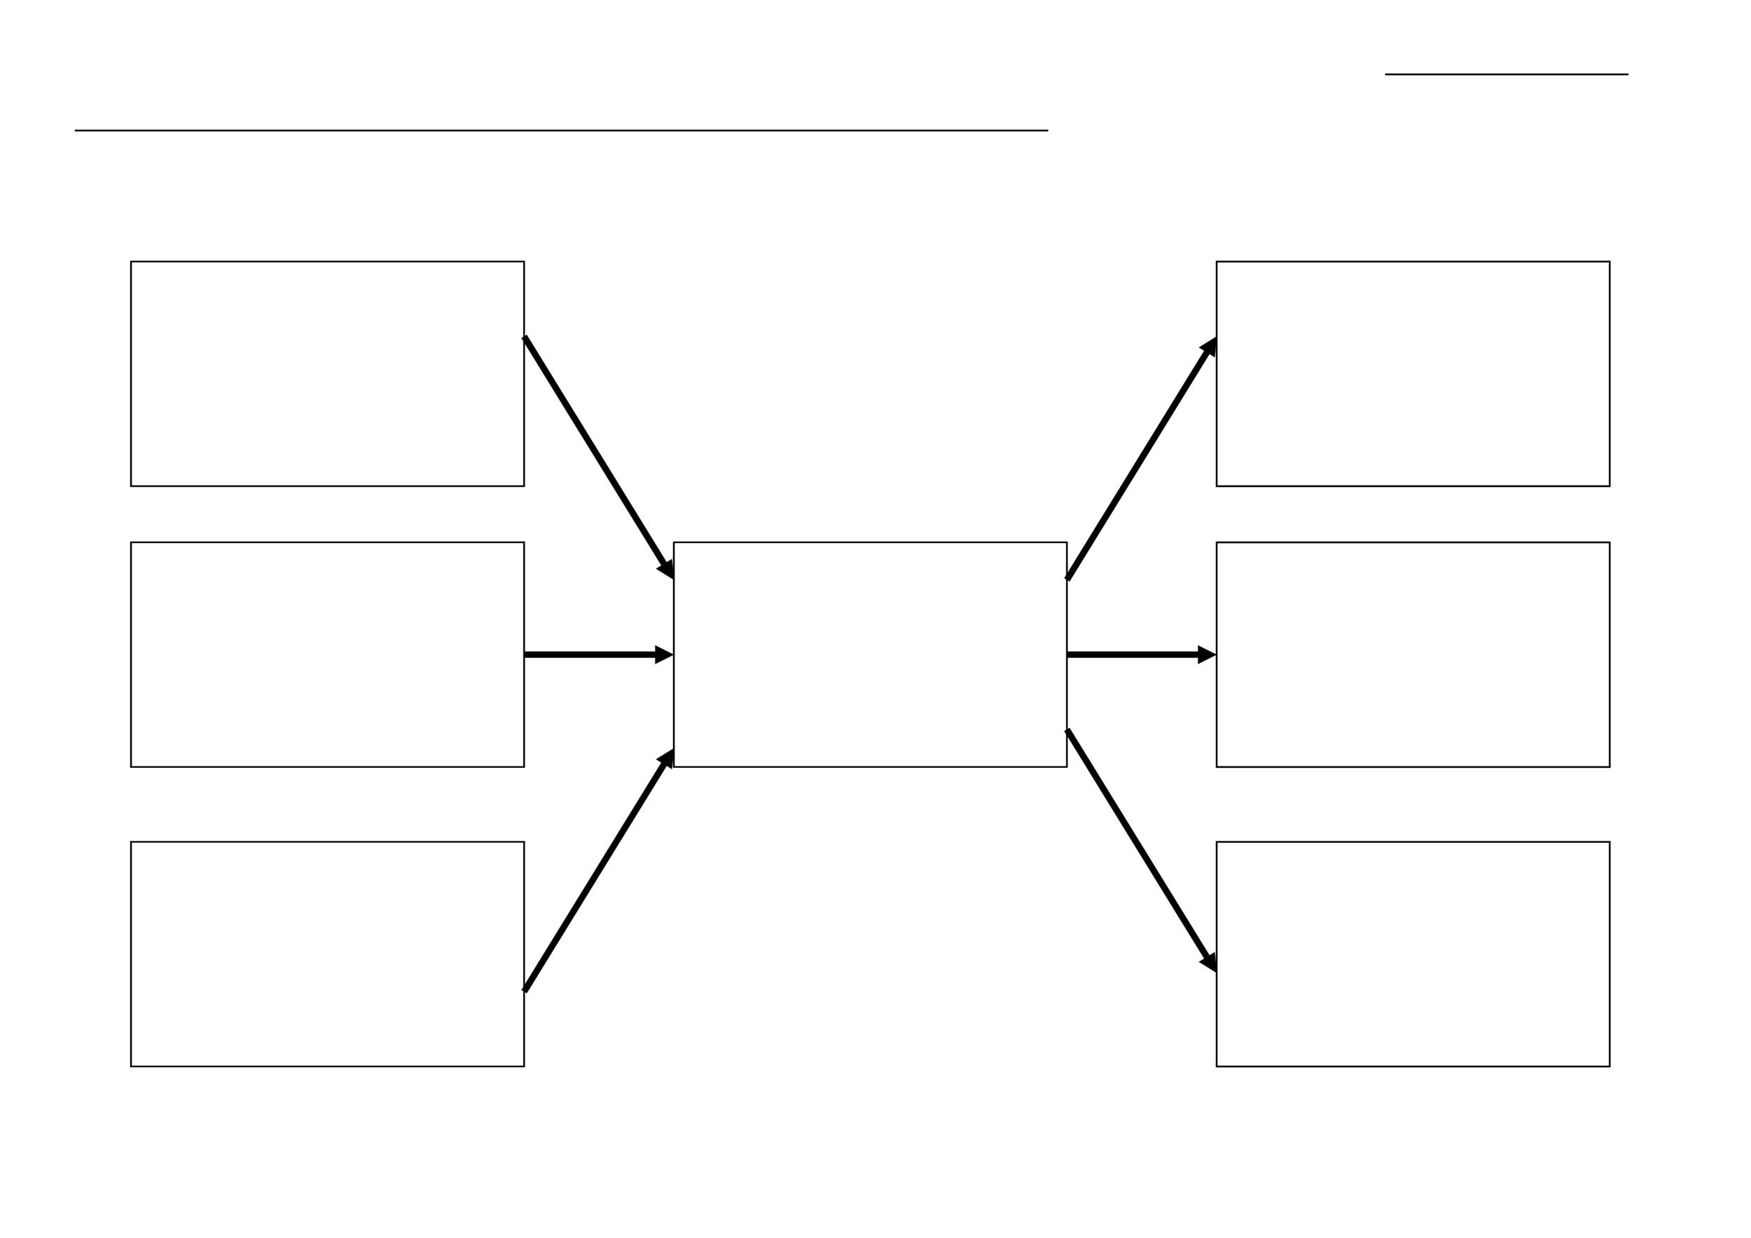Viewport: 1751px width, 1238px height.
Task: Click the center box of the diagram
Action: click(869, 654)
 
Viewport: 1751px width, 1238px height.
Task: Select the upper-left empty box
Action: click(327, 373)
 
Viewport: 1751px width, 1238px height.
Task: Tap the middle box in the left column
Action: click(327, 654)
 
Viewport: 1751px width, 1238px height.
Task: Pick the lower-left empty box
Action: click(327, 954)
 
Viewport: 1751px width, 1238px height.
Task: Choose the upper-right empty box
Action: click(1413, 373)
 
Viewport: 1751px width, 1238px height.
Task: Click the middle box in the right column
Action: click(1413, 654)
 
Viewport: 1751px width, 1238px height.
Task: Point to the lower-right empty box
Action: click(1413, 954)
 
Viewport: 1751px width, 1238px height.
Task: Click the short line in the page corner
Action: click(1506, 75)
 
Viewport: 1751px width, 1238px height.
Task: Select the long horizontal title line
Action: click(560, 130)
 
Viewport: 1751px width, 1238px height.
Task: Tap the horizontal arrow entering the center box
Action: click(591, 654)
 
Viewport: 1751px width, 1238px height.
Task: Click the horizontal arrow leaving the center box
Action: click(1134, 654)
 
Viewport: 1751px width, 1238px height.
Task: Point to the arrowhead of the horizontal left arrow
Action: click(663, 654)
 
